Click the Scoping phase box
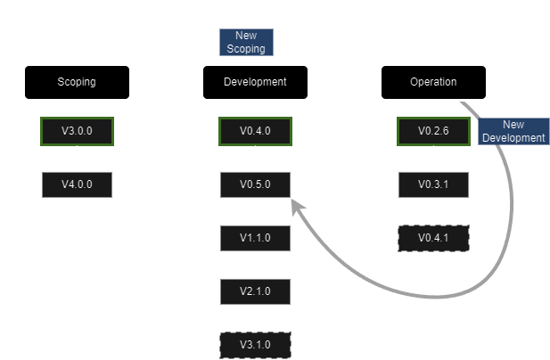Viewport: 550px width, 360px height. [77, 82]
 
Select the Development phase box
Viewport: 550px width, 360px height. [255, 82]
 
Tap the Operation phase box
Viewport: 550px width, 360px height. [433, 82]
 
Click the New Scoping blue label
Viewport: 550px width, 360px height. [246, 42]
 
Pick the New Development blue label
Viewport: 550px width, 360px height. [513, 132]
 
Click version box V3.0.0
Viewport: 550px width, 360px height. [77, 131]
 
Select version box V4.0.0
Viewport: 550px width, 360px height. [77, 184]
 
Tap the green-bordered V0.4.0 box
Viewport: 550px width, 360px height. [255, 131]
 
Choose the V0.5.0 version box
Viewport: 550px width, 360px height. [255, 184]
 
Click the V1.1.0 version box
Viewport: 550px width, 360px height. [255, 238]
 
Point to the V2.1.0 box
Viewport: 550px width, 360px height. [255, 290]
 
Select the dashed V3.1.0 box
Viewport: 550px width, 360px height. [255, 344]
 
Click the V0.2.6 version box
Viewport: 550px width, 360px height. [433, 131]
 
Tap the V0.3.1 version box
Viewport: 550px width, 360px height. [433, 184]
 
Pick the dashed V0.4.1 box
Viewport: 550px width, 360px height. [433, 238]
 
